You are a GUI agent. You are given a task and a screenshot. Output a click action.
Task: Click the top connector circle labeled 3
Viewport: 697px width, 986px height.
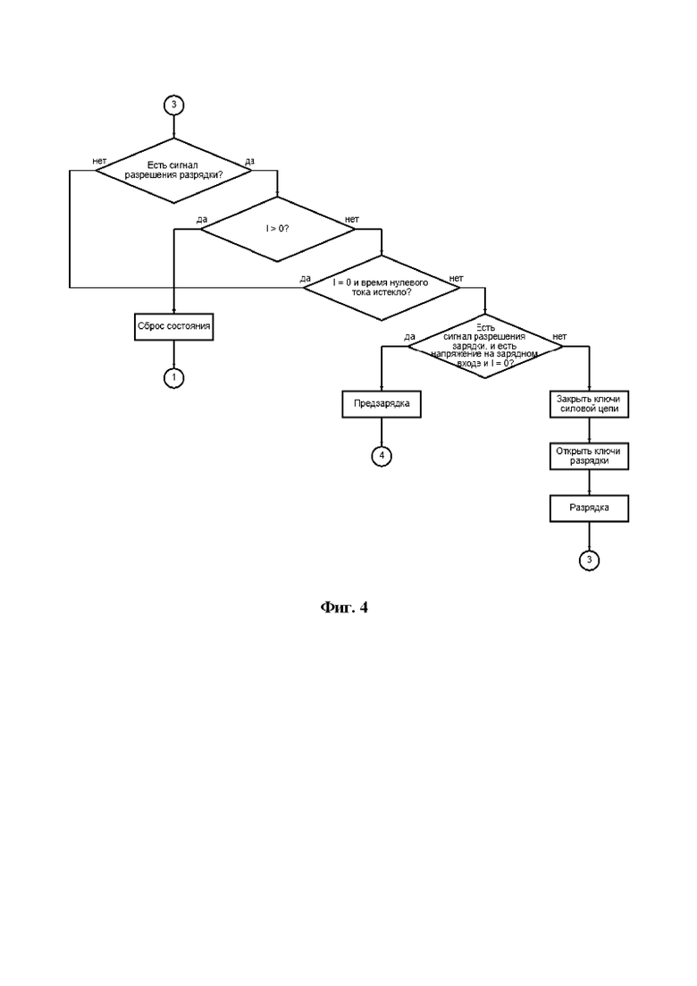coord(174,105)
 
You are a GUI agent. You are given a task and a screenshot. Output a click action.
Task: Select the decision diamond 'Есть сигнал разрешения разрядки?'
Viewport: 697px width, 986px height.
coord(172,171)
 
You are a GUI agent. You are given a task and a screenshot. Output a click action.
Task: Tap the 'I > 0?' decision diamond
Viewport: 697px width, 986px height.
coord(277,229)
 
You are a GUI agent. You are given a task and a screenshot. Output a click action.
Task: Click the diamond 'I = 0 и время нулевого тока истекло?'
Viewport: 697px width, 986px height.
coord(382,287)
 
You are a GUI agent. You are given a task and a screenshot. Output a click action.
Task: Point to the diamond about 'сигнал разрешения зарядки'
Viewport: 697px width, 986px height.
coord(485,346)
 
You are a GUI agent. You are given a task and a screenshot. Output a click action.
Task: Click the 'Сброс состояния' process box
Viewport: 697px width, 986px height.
coord(174,327)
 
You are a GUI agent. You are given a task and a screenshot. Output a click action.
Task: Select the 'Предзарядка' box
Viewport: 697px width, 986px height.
coord(382,404)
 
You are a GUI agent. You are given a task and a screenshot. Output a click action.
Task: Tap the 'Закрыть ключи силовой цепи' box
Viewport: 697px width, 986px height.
coord(589,404)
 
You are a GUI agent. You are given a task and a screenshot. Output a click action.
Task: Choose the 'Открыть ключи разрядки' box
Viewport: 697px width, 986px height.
coord(589,456)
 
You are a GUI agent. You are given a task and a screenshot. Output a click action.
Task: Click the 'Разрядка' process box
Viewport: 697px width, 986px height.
coord(589,508)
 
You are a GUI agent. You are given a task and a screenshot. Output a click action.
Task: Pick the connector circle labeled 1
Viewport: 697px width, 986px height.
coord(174,378)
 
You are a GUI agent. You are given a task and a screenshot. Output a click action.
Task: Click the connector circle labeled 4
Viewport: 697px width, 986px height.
coord(382,455)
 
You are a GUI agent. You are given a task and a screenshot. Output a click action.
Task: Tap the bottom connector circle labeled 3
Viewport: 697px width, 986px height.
coord(589,560)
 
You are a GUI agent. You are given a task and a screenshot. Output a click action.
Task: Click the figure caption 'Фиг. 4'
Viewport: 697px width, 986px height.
coord(344,607)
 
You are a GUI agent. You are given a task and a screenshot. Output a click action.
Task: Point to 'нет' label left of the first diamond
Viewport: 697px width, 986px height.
coord(99,161)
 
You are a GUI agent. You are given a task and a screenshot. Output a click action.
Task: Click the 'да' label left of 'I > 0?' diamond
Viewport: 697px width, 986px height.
coord(202,220)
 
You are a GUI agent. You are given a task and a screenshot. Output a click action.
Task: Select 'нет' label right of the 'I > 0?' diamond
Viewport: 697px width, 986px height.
coord(352,220)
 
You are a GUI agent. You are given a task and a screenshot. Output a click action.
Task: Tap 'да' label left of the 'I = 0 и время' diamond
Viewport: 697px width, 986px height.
coord(306,278)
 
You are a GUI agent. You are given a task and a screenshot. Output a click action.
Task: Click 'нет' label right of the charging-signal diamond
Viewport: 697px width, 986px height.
coord(559,336)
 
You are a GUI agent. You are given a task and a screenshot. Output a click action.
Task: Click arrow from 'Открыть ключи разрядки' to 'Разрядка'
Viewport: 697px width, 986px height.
coord(589,483)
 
